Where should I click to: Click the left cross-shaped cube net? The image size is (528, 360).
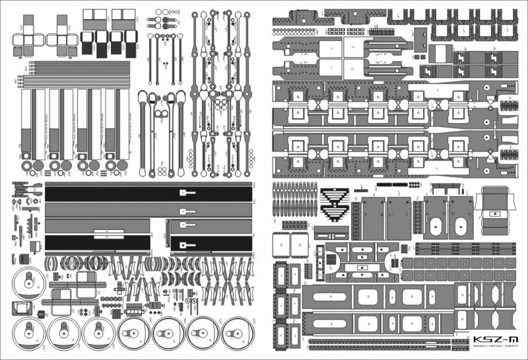[x=27, y=38]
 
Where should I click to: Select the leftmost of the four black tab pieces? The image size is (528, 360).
[x=87, y=43]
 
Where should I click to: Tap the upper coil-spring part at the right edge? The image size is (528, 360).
[x=508, y=104]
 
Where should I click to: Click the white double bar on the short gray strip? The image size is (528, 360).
[x=109, y=232]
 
